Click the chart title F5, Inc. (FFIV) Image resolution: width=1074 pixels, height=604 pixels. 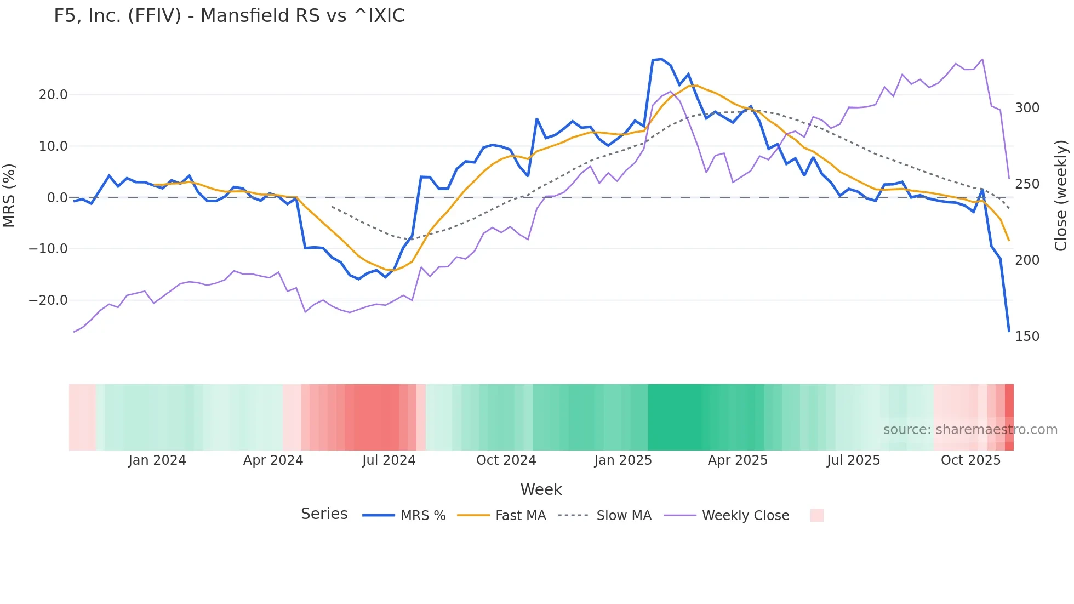click(x=229, y=16)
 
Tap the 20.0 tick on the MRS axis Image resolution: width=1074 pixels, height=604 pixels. click(x=53, y=95)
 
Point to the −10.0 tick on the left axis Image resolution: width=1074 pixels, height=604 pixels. click(x=48, y=249)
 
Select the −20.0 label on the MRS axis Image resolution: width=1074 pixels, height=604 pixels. click(x=48, y=300)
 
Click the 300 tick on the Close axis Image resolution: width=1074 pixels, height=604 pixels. click(x=1027, y=108)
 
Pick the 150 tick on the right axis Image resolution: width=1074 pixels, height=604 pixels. click(x=1027, y=337)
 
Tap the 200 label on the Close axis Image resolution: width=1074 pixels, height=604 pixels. click(x=1027, y=260)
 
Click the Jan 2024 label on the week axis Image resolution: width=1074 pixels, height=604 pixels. click(x=157, y=460)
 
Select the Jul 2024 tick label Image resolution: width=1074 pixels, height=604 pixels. click(x=389, y=460)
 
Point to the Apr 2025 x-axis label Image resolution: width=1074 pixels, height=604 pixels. click(x=738, y=460)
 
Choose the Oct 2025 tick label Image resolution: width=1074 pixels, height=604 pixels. click(x=970, y=460)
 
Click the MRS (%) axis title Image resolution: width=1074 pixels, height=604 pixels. click(x=9, y=196)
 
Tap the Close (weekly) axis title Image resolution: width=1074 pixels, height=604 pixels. click(x=1061, y=196)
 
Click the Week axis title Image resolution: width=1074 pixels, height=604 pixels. click(x=541, y=489)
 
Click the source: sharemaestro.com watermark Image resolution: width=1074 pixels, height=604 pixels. click(x=970, y=430)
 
